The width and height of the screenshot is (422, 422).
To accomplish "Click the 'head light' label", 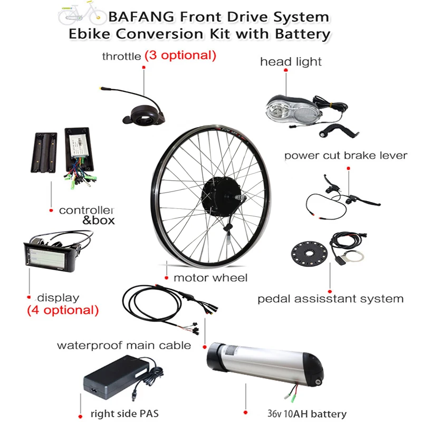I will (291, 62).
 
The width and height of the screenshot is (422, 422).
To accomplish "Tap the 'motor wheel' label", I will (210, 277).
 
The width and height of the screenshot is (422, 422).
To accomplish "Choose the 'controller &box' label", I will (87, 215).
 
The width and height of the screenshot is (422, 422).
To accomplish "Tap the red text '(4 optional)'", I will (63, 310).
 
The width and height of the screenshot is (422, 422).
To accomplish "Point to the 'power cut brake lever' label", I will (346, 156).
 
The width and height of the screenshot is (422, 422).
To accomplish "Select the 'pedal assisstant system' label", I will (330, 299).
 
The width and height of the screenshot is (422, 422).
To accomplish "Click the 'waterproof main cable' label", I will (124, 346).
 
